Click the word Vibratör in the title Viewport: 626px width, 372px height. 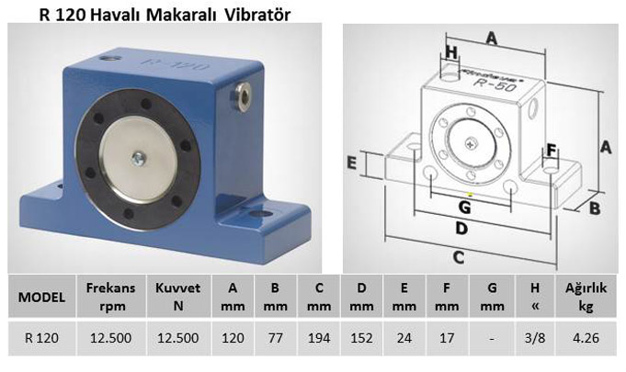point(257,15)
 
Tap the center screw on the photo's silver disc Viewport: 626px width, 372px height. point(139,159)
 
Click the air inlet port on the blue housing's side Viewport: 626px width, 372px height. point(243,95)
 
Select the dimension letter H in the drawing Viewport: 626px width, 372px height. point(450,52)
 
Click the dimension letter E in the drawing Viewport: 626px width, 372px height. point(351,163)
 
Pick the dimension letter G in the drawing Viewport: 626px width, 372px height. point(464,207)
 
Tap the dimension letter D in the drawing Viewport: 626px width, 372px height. point(461,229)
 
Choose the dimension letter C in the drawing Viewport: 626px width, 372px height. point(459,257)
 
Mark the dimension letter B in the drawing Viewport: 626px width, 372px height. point(595,209)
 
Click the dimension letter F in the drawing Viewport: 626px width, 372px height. point(551,151)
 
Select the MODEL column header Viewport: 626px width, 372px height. point(41,297)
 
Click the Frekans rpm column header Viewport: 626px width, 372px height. point(110,297)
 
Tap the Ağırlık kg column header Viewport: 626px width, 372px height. point(586,297)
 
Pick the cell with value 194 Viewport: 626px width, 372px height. point(319,338)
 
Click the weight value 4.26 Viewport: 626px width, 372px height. point(586,338)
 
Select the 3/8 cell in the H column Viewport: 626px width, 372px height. point(535,338)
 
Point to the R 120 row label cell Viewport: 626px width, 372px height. point(41,338)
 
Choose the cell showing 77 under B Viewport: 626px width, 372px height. point(275,338)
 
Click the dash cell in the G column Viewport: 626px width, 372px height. point(492,338)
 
